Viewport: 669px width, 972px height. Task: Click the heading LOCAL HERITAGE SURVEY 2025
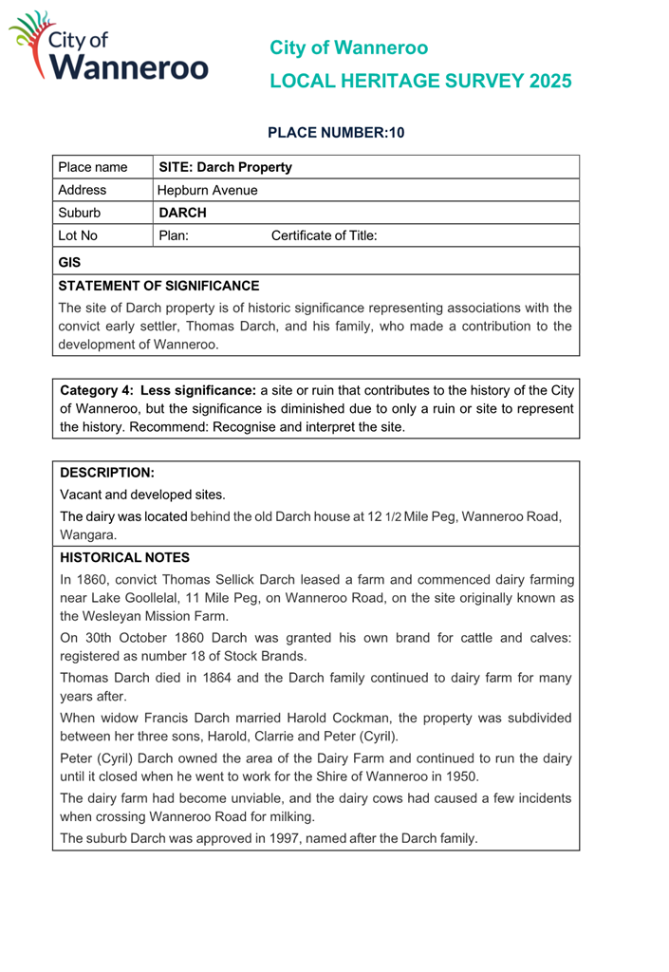tap(420, 81)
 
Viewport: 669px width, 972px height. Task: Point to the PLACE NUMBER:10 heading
tap(337, 133)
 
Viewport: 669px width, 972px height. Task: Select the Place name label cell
tap(93, 167)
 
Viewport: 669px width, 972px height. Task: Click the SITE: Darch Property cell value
tap(225, 167)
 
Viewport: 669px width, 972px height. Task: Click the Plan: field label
tap(173, 235)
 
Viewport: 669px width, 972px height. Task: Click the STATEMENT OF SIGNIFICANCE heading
tap(158, 285)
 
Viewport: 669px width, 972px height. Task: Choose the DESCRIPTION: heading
tap(106, 472)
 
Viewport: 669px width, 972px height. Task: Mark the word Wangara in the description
tap(86, 535)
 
